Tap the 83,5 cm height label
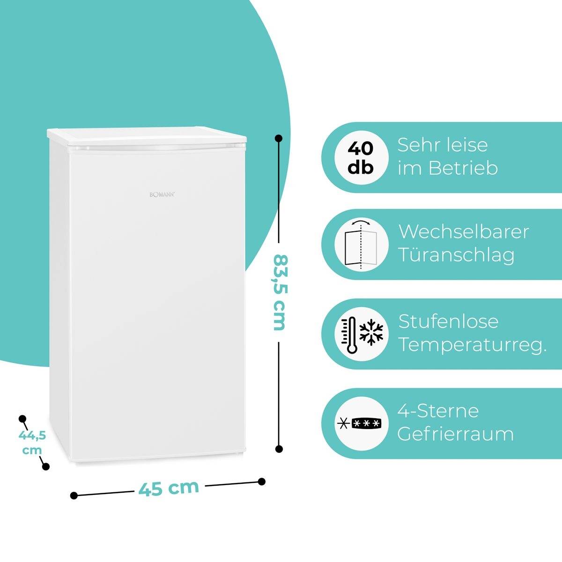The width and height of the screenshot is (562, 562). tap(279, 293)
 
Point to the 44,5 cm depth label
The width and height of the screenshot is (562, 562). tap(32, 443)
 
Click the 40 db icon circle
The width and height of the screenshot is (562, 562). tap(361, 157)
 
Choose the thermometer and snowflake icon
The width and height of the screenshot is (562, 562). tap(361, 334)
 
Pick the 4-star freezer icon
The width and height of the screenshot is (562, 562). tap(361, 424)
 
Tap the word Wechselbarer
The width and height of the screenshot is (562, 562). tap(464, 232)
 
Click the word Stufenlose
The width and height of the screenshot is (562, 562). tap(448, 321)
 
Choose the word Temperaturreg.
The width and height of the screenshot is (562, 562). tap(473, 346)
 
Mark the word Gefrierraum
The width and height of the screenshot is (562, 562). tap(456, 434)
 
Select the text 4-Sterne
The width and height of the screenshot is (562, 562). tap(438, 411)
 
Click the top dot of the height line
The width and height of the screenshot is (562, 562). tap(279, 138)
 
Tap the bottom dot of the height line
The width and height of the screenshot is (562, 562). tap(279, 449)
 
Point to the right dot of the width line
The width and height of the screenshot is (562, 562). tap(262, 481)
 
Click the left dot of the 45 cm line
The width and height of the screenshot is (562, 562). tap(74, 495)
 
